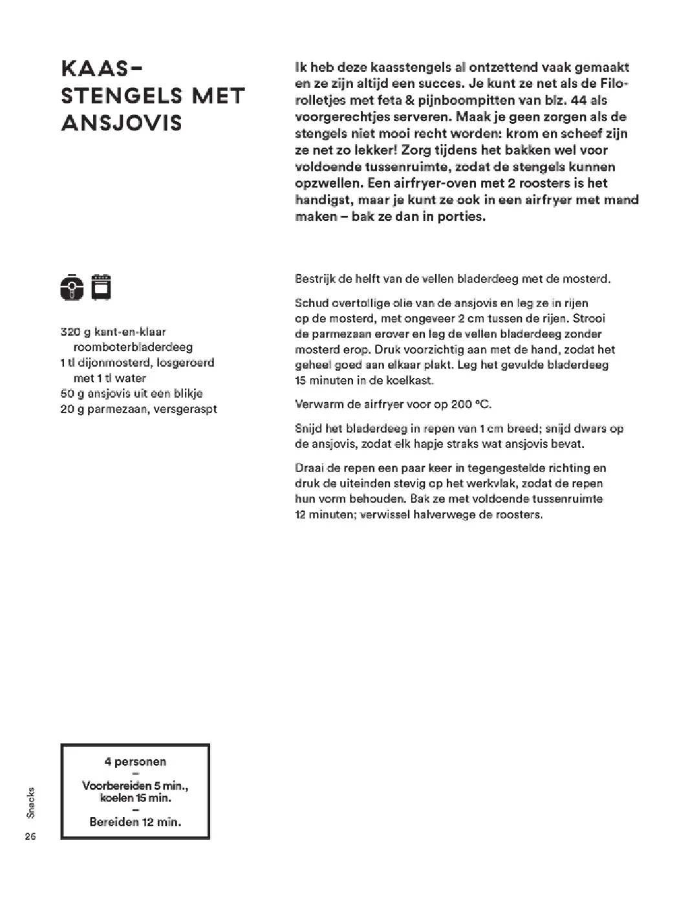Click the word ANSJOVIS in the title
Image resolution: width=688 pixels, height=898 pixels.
coord(122,123)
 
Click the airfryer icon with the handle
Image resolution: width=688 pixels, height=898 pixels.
coord(72,287)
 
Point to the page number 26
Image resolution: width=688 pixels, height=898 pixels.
coord(30,837)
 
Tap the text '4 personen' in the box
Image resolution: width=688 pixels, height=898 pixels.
coord(135,762)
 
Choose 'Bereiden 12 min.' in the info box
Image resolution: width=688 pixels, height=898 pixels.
coord(135,822)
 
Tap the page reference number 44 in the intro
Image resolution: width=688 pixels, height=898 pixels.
coord(579,100)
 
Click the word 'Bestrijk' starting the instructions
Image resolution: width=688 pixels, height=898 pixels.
coord(315,280)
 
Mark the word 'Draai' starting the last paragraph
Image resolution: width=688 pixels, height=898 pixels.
coord(308,468)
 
